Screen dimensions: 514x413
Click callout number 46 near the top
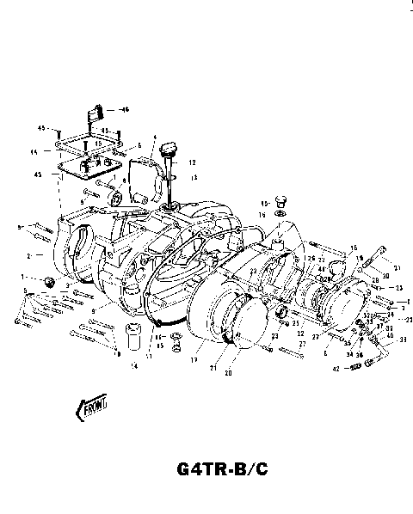point(124,109)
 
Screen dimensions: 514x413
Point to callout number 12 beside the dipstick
point(193,162)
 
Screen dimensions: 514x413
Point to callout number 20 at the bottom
point(228,374)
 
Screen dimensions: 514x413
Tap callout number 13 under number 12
point(193,178)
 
